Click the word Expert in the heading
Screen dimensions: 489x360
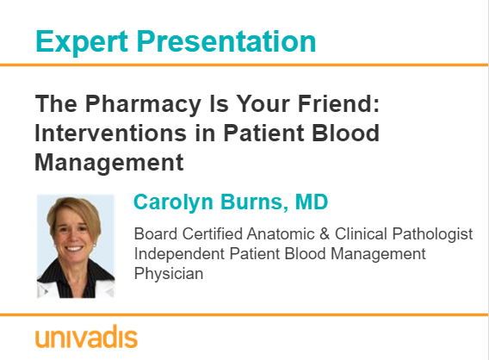pyautogui.click(x=82, y=42)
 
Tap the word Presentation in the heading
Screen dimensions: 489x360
pyautogui.click(x=226, y=41)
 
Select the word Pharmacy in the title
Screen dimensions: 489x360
pyautogui.click(x=143, y=104)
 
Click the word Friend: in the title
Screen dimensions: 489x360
pyautogui.click(x=339, y=103)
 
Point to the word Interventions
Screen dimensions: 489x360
pyautogui.click(x=111, y=133)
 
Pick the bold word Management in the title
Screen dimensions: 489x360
pyautogui.click(x=109, y=163)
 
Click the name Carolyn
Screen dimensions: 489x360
pyautogui.click(x=173, y=202)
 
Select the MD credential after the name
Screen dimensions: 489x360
pyautogui.click(x=312, y=202)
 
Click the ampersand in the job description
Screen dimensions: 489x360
pyautogui.click(x=325, y=234)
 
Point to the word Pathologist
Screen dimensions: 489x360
pyautogui.click(x=432, y=234)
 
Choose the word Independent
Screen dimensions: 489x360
pyautogui.click(x=179, y=254)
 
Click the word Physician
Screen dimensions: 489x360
pyautogui.click(x=169, y=274)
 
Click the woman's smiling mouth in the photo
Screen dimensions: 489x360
pyautogui.click(x=73, y=249)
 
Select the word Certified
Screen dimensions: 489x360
pyautogui.click(x=213, y=234)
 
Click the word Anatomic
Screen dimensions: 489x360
pyautogui.click(x=281, y=234)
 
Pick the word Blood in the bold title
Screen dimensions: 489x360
pyautogui.click(x=345, y=133)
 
